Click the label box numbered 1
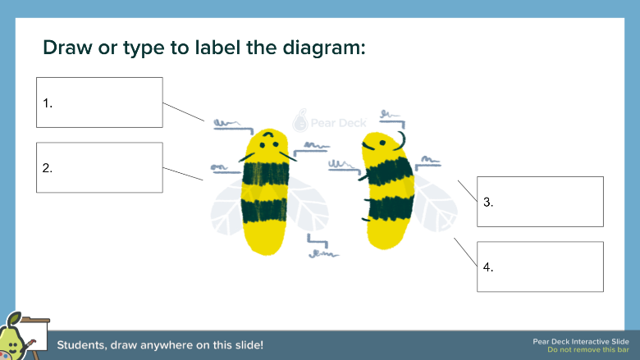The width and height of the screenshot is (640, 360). tap(99, 103)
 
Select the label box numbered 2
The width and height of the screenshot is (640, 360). tap(99, 167)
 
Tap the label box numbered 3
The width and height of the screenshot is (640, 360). tap(540, 201)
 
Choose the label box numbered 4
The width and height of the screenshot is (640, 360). tap(540, 267)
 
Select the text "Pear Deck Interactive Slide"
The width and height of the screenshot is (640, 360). tap(580, 340)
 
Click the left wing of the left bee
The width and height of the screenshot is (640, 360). tap(226, 205)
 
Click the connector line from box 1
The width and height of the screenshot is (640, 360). tap(183, 112)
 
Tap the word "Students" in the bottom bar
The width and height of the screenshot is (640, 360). tap(82, 345)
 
